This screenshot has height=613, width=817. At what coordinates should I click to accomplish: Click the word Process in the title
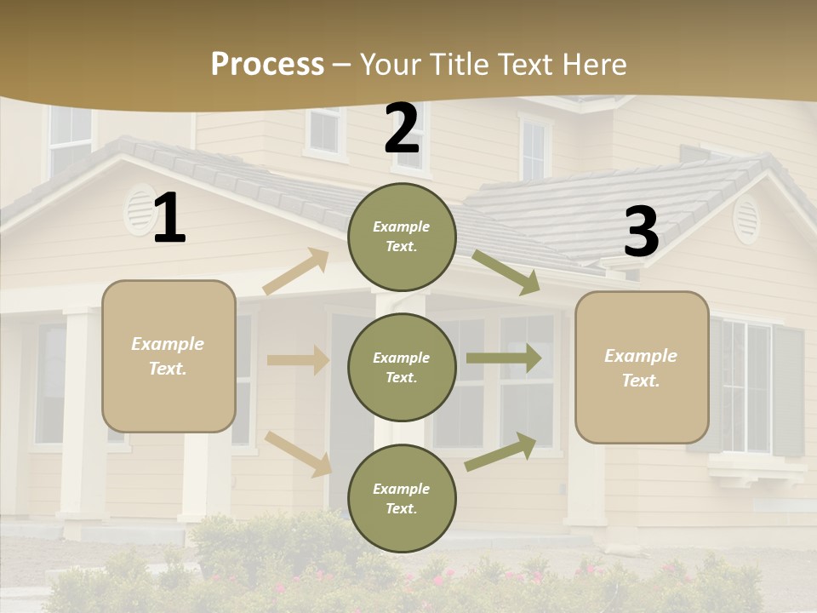point(267,64)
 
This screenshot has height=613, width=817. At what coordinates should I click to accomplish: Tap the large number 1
point(169,219)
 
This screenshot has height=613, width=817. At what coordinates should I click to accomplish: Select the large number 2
point(402,129)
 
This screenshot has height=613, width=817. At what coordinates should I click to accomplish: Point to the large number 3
point(641,232)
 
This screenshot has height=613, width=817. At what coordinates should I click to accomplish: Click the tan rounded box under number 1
point(169,356)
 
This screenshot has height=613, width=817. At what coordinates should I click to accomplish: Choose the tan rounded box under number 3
point(642,367)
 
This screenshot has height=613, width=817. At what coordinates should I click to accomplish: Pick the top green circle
point(402,237)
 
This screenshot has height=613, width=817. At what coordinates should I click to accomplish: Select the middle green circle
point(402,367)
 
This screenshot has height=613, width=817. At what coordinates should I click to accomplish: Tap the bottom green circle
point(402,498)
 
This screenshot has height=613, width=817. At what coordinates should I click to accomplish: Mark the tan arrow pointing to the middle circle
point(298,360)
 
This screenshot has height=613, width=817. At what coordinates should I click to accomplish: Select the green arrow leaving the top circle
point(506,272)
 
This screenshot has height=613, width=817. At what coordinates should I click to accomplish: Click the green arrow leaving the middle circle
point(504,358)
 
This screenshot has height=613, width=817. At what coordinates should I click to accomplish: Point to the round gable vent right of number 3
point(746,219)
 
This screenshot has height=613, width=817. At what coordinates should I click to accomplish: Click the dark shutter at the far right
point(788,391)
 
